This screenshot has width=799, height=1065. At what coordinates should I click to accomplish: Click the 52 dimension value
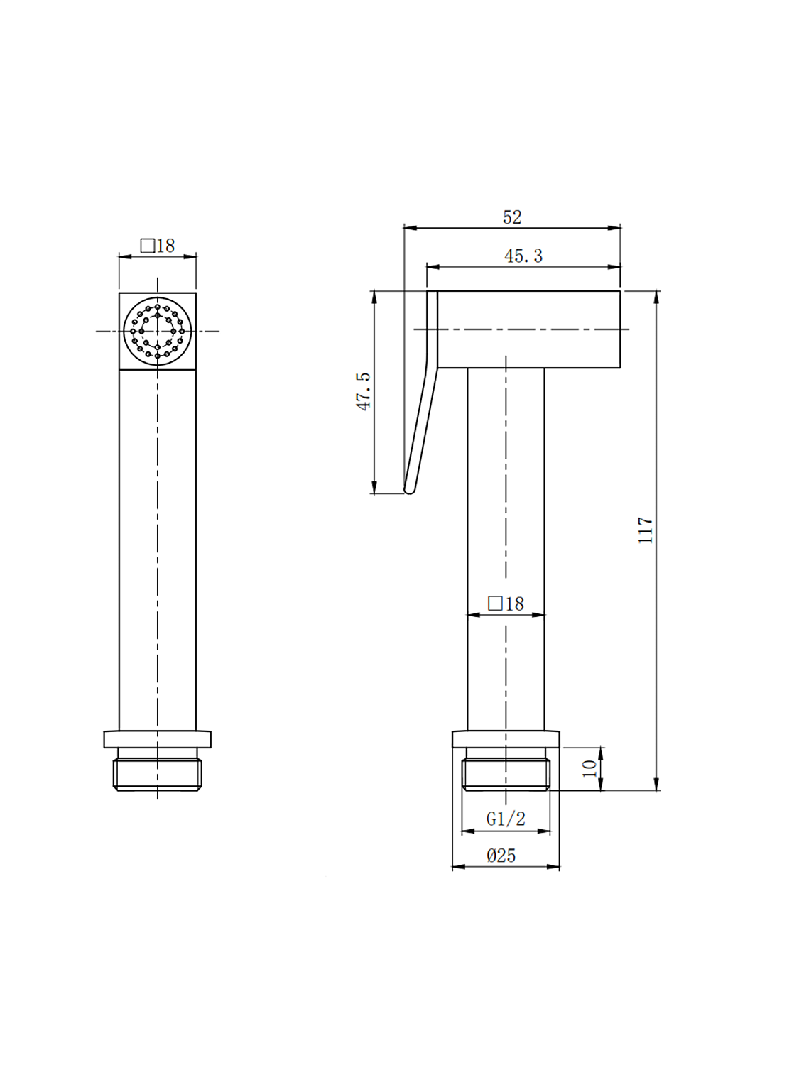click(x=512, y=217)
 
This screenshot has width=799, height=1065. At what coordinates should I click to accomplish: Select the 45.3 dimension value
click(x=523, y=256)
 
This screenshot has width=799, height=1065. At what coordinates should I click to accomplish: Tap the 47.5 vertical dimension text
click(x=364, y=391)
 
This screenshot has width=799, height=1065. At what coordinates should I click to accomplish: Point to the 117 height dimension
click(x=645, y=530)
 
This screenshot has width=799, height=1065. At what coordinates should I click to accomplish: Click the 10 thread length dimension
click(x=589, y=768)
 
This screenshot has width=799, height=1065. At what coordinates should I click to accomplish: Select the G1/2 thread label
click(x=506, y=819)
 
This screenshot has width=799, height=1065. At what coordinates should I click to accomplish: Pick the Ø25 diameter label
click(x=501, y=856)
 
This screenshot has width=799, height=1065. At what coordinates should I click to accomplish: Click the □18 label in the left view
click(x=158, y=246)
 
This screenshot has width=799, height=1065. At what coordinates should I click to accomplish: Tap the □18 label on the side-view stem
click(x=506, y=603)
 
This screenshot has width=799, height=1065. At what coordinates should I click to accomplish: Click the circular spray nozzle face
click(x=158, y=331)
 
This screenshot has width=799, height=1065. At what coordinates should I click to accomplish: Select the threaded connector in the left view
click(x=158, y=774)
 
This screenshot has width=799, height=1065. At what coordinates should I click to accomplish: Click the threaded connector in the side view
click(x=506, y=774)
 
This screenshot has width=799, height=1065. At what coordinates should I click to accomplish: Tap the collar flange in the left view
click(x=158, y=739)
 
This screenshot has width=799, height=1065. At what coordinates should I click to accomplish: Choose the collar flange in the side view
click(x=506, y=739)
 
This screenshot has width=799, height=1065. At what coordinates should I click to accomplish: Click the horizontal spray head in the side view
click(x=528, y=329)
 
